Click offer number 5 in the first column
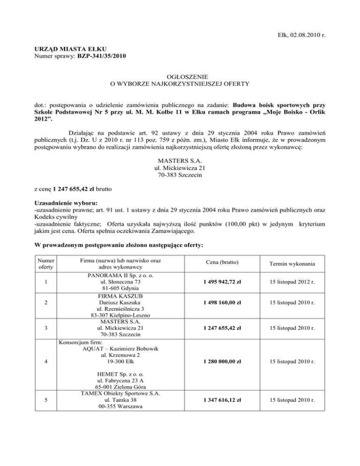44,400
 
